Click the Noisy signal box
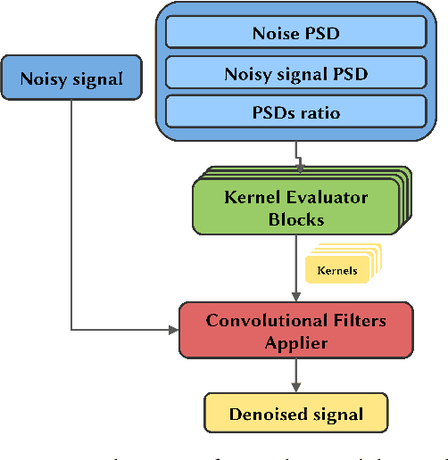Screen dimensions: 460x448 click(72, 78)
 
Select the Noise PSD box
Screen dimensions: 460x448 click(295, 35)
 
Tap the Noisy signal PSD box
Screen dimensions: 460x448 click(295, 74)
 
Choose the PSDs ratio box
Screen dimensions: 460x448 click(295, 112)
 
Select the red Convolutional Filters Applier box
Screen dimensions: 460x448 click(295, 331)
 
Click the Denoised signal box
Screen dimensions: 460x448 click(295, 414)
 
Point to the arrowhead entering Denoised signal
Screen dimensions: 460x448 click(295, 388)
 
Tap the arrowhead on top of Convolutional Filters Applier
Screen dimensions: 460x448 click(295, 297)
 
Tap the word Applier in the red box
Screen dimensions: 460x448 click(295, 341)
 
